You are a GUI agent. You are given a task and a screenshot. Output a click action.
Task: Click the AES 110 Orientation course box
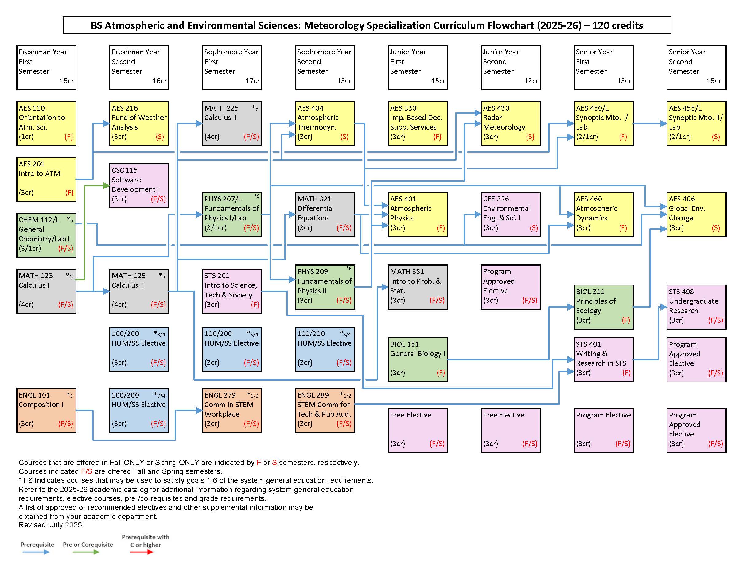coord(46,123)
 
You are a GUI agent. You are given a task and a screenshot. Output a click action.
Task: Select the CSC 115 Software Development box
coord(139,185)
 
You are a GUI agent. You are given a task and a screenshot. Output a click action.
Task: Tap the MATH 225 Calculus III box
coord(232,123)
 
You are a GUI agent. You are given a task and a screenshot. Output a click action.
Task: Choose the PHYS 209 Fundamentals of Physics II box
coord(325,287)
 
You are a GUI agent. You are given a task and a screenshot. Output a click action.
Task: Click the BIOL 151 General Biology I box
coord(418,359)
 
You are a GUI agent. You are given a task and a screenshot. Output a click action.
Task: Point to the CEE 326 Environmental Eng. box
coord(511,214)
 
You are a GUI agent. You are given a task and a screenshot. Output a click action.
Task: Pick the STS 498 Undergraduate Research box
coord(696,307)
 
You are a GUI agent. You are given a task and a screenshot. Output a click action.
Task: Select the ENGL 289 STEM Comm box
coord(325,410)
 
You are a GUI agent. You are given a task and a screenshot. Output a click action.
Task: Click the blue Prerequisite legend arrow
coord(36,552)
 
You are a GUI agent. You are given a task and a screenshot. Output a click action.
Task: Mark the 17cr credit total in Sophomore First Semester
coord(252,81)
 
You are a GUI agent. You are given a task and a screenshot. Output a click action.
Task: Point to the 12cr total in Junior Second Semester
coord(531,81)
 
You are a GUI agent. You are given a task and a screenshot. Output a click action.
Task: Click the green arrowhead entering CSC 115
coord(106,185)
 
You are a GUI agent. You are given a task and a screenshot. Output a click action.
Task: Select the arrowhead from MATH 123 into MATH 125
coord(107,291)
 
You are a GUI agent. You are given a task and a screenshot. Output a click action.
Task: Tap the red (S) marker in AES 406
coord(716,228)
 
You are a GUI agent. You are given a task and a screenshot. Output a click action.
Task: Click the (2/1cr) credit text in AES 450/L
coord(587,137)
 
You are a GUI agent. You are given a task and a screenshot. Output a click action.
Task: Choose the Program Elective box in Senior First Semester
coord(604,430)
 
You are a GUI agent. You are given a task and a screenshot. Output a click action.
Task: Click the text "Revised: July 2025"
coord(50,525)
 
